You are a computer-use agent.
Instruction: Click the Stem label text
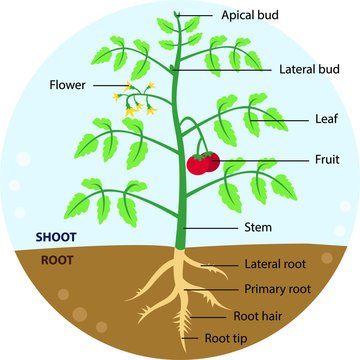(x=258, y=227)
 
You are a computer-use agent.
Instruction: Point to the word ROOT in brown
(x=55, y=260)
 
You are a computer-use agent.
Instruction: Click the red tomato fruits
(x=203, y=163)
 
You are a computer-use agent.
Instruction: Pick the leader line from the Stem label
(x=210, y=228)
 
